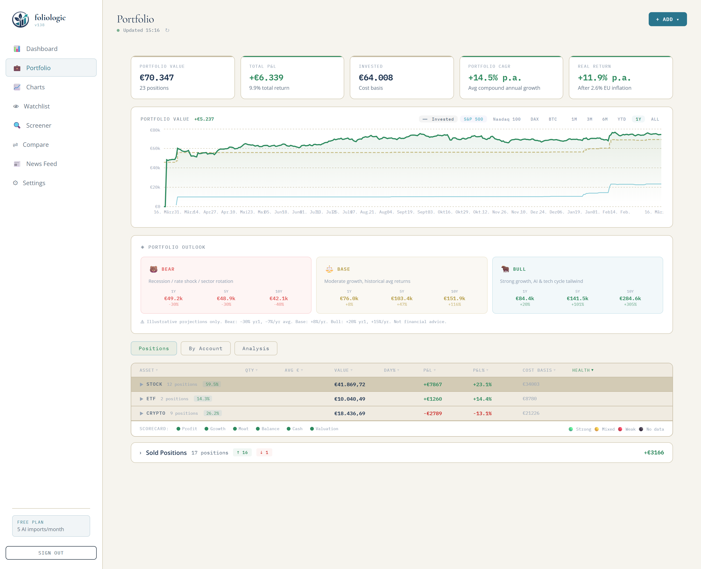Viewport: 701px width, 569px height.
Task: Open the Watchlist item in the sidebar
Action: pyautogui.click(x=36, y=106)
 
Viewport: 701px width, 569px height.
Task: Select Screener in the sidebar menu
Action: pyautogui.click(x=38, y=126)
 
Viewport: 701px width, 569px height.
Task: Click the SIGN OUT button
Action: pyautogui.click(x=51, y=553)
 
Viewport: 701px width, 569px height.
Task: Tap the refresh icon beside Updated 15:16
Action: pyautogui.click(x=167, y=30)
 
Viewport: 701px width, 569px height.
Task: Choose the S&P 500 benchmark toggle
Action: pyautogui.click(x=473, y=119)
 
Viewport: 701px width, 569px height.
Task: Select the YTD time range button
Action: pyautogui.click(x=621, y=119)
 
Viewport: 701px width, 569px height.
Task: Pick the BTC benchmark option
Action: pyautogui.click(x=552, y=119)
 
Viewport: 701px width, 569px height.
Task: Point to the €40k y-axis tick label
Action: pyautogui.click(x=155, y=168)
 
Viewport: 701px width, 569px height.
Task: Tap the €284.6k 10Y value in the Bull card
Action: pyautogui.click(x=630, y=298)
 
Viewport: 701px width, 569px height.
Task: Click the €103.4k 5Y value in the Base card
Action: pyautogui.click(x=401, y=298)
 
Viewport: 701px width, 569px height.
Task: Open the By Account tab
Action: pyautogui.click(x=205, y=348)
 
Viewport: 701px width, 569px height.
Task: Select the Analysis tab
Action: pyautogui.click(x=255, y=348)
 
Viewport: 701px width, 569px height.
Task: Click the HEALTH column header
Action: pyautogui.click(x=582, y=370)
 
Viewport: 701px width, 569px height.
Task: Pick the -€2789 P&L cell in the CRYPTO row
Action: pyautogui.click(x=432, y=413)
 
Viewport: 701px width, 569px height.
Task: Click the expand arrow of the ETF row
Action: pyautogui.click(x=142, y=399)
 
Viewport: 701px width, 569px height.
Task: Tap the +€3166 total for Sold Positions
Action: pyautogui.click(x=654, y=452)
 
